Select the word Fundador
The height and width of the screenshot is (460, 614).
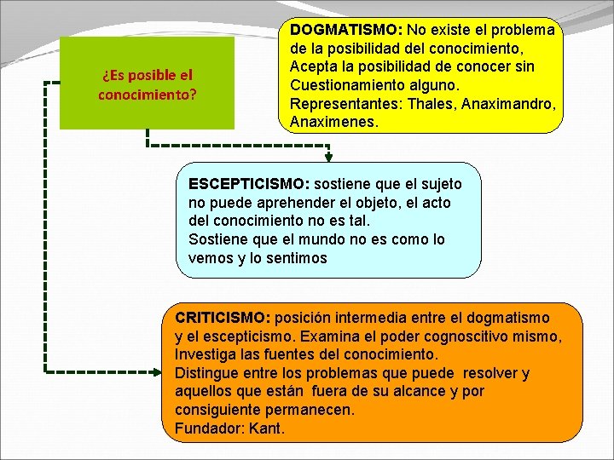208,428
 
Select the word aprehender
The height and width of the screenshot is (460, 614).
293,203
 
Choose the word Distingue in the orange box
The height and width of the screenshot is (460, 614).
206,373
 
